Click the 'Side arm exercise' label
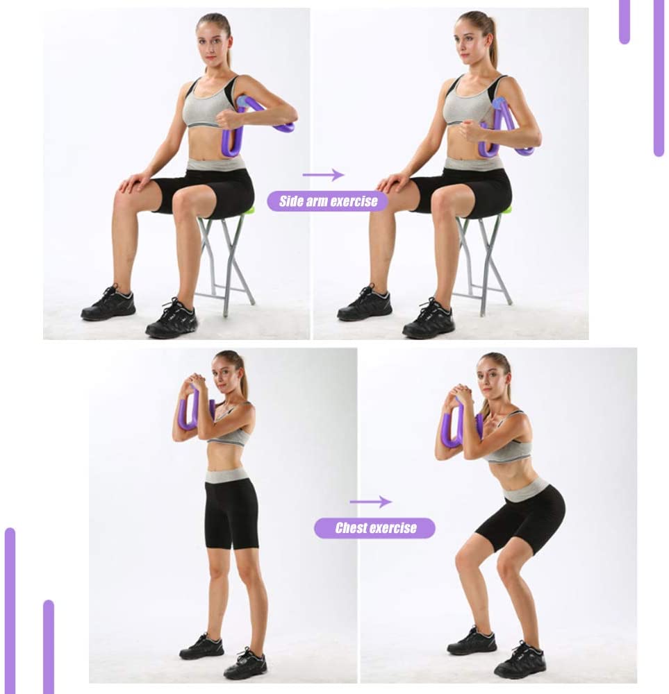point(328,202)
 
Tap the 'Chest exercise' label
point(375,528)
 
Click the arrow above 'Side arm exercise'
point(324,175)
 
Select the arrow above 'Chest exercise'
point(370,502)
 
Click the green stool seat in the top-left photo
point(248,210)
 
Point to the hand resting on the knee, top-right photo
point(390,183)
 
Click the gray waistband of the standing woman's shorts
point(227,475)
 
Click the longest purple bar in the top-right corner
point(658,76)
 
